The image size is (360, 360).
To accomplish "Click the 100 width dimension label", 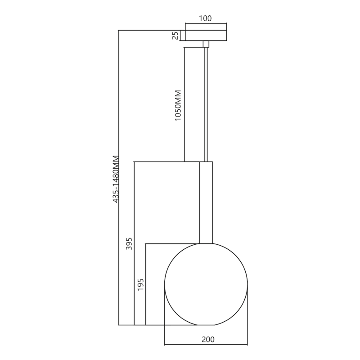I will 205,18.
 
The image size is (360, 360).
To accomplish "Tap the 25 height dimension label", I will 175,36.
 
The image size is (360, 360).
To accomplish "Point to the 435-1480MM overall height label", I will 116,179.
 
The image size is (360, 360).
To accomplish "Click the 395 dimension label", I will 129,243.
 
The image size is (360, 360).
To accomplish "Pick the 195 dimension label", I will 140,284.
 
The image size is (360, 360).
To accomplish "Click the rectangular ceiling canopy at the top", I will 206,36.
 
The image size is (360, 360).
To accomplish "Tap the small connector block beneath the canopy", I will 206,44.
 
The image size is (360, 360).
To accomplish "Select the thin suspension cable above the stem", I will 206,103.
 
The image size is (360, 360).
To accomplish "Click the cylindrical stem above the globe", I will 206,202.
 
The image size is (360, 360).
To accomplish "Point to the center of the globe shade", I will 206,284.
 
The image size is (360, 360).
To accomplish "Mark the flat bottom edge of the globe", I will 206,325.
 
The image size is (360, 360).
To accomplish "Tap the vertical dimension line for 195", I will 146,306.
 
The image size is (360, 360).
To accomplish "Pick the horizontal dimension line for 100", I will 206,23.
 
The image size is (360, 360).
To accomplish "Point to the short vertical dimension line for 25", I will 180,36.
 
